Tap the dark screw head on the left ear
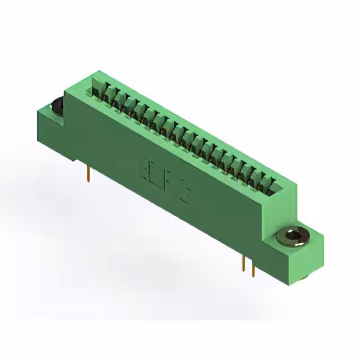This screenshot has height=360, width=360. point(56,105)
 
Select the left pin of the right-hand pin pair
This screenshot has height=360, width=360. point(243,264)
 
